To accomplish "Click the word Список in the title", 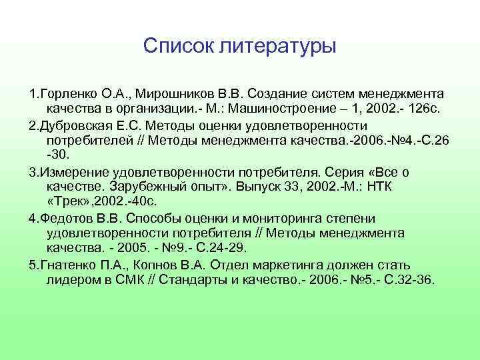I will (x=173, y=47).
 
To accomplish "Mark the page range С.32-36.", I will (x=405, y=280).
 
